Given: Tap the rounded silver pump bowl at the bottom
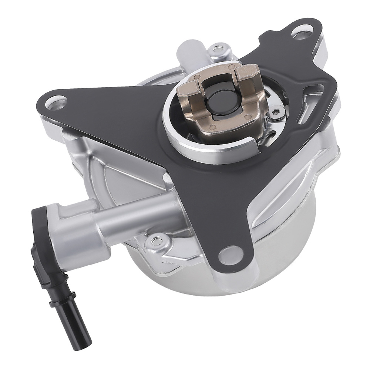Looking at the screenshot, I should tap(222, 296).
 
